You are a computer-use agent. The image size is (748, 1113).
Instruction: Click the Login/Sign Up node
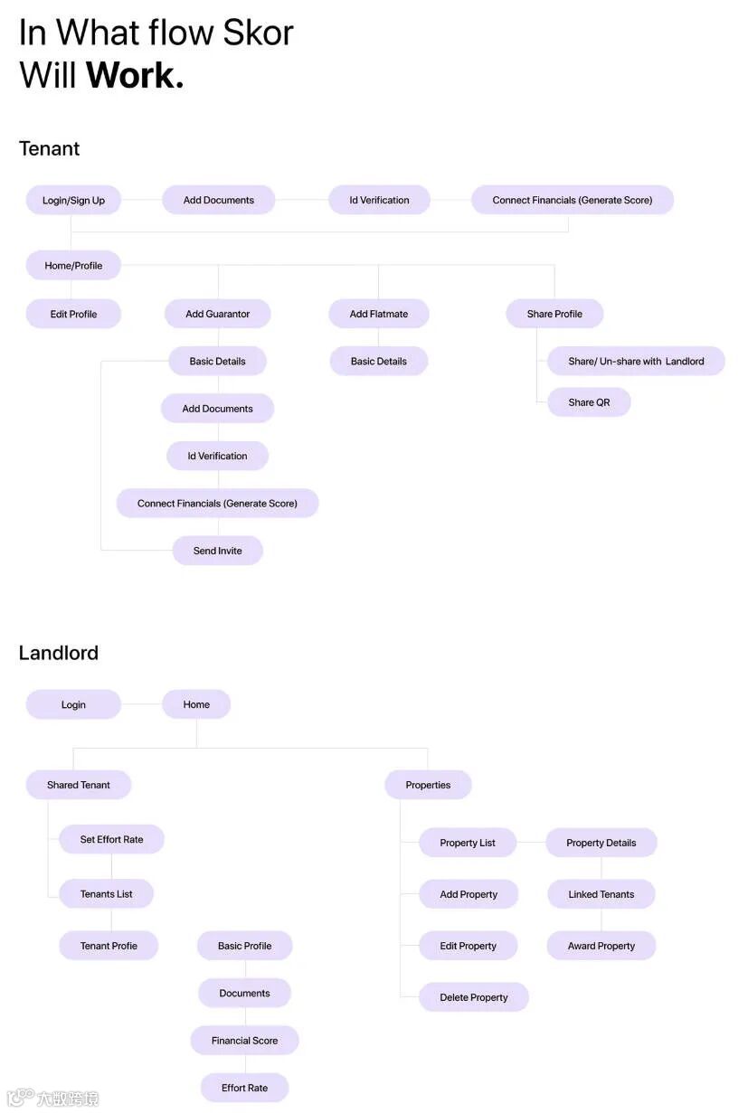(73, 200)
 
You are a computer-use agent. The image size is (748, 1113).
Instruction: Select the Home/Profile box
(73, 265)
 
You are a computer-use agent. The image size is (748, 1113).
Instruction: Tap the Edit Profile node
(73, 314)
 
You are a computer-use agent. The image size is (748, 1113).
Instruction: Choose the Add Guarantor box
(217, 314)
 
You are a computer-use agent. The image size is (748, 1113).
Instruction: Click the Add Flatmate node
(378, 314)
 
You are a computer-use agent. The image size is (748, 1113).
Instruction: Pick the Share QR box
(589, 402)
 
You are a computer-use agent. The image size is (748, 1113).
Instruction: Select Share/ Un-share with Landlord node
(636, 361)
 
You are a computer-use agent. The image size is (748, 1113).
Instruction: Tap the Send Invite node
(217, 551)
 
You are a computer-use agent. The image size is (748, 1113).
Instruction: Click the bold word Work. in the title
(135, 74)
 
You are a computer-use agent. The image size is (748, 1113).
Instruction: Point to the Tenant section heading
(49, 148)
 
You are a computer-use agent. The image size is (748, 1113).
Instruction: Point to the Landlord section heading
(58, 653)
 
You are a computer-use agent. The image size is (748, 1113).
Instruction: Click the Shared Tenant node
(78, 785)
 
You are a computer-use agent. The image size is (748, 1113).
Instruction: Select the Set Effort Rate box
(111, 839)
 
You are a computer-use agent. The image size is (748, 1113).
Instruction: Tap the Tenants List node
(106, 894)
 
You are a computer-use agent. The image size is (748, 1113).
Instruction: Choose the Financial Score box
(244, 1041)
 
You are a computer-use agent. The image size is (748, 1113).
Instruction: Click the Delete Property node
(473, 997)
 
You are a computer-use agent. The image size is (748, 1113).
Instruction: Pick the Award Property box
(601, 946)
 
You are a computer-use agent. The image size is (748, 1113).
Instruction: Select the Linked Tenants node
(601, 894)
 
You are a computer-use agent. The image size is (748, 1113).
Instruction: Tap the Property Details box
(601, 843)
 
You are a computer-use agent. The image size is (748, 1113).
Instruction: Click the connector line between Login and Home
(141, 704)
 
